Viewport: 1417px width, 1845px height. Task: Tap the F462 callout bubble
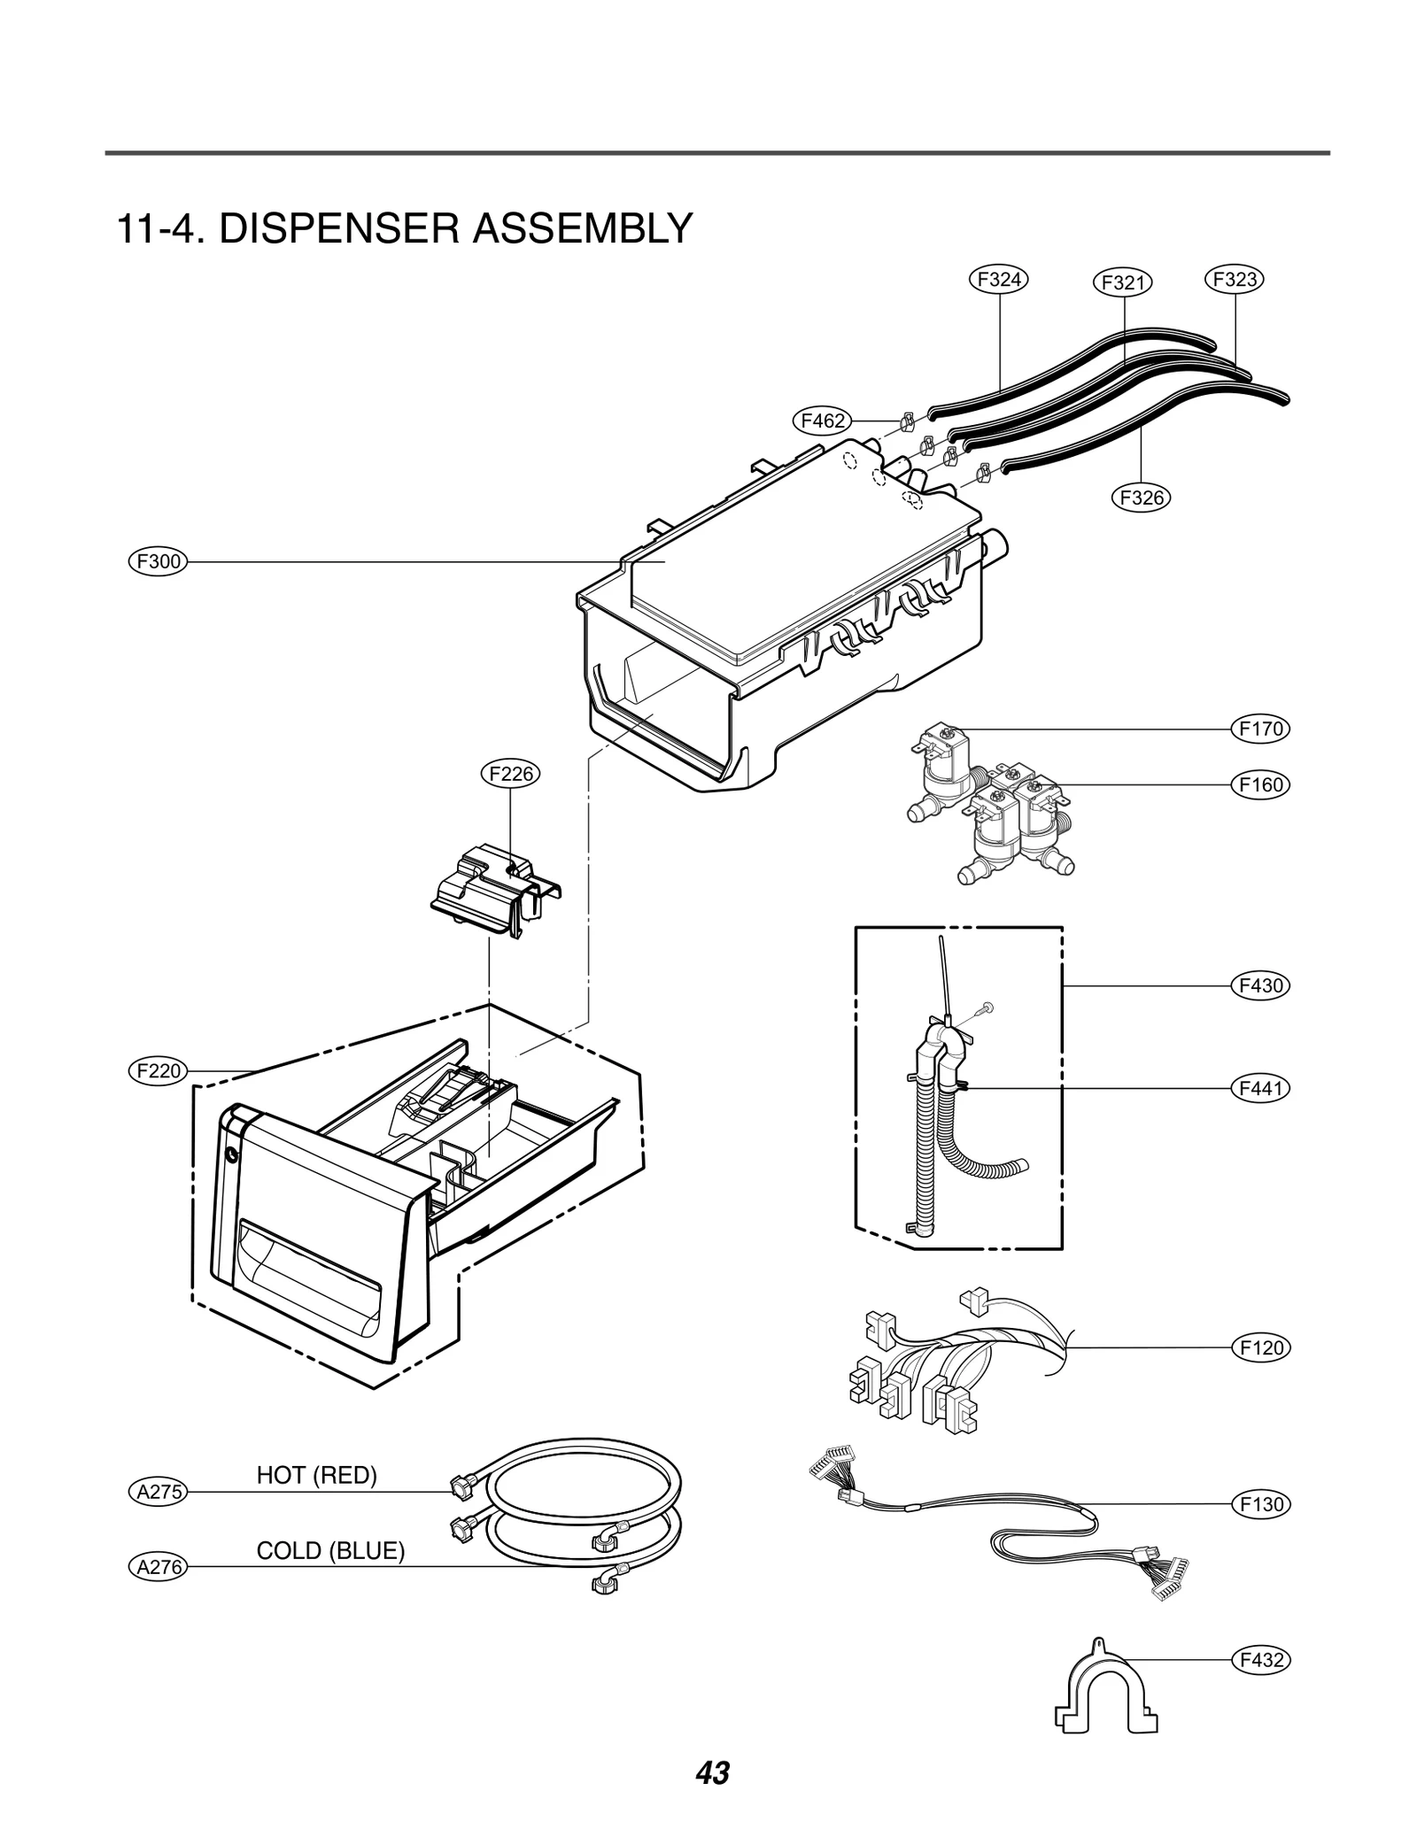[822, 421]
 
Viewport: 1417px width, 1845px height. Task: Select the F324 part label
[998, 280]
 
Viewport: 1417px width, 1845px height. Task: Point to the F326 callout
[1141, 498]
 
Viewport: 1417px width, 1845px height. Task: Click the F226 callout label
[511, 774]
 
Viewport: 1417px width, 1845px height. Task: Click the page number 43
[712, 1773]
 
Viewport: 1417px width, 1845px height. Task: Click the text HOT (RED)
[316, 1475]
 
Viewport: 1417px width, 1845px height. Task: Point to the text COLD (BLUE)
[329, 1551]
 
